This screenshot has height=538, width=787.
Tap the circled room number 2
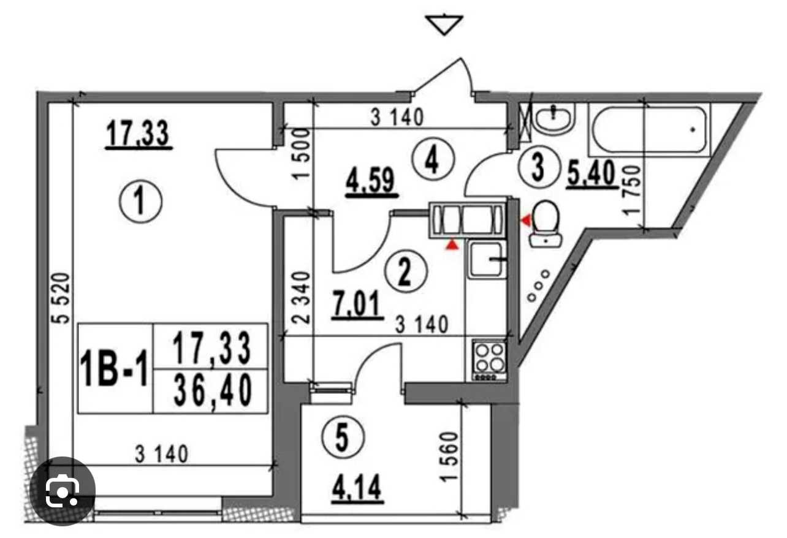coord(406,271)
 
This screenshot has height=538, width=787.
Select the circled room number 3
coord(538,167)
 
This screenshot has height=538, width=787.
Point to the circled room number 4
coord(433,159)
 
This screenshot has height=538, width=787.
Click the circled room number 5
coord(343,438)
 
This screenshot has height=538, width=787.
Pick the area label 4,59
coord(371,182)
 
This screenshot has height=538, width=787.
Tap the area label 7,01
coord(357,304)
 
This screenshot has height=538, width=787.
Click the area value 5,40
coord(592,174)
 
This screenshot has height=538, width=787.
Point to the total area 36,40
coord(213,390)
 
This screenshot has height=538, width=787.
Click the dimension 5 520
coord(61,298)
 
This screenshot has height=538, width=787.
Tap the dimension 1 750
coord(631,191)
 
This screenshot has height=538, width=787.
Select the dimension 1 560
coord(449,457)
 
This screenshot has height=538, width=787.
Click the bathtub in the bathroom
coord(649,129)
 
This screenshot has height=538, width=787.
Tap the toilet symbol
coord(546,224)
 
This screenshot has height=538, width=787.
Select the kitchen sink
coord(487,259)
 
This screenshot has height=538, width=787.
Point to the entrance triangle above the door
coord(444,25)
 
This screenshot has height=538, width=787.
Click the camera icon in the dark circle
coord(63,491)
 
